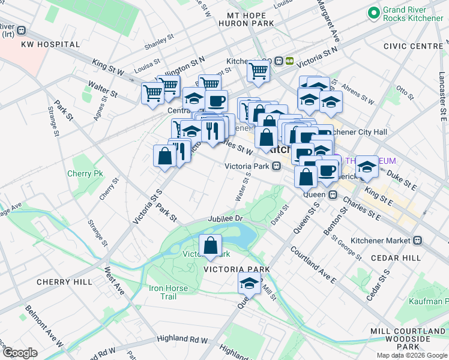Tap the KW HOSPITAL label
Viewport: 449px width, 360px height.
click(x=50, y=44)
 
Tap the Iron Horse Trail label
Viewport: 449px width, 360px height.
click(x=168, y=292)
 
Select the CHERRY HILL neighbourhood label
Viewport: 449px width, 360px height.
click(x=64, y=282)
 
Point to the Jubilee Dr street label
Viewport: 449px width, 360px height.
click(x=224, y=219)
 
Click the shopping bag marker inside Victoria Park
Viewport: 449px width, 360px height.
click(x=210, y=245)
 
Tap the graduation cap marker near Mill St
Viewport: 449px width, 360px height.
click(x=249, y=283)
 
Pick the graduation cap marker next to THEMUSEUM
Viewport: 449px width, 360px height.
click(x=367, y=166)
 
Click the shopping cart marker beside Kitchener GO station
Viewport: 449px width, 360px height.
click(x=259, y=71)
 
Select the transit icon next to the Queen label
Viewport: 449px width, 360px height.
click(x=332, y=194)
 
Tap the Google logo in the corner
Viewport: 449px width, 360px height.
click(x=20, y=353)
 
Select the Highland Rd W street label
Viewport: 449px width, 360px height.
click(x=179, y=340)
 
